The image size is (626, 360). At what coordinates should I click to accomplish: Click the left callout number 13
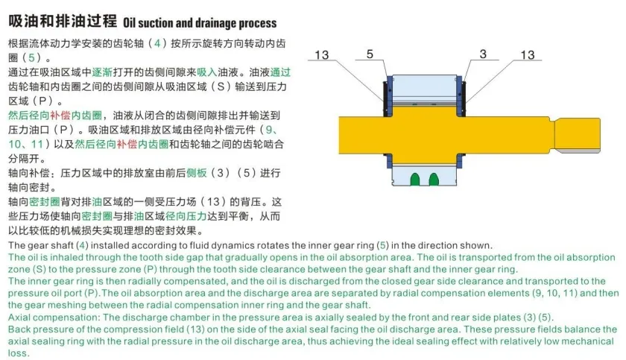click(x=322, y=55)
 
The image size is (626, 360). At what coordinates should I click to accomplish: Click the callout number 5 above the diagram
click(x=370, y=54)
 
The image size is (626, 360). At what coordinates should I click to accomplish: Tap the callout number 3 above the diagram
click(x=483, y=54)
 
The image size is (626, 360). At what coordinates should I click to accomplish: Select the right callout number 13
click(x=527, y=55)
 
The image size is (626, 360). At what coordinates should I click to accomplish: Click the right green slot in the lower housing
click(x=434, y=179)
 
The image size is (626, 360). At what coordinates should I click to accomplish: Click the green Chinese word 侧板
click(x=196, y=173)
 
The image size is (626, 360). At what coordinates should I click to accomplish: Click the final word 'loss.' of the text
click(x=19, y=353)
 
